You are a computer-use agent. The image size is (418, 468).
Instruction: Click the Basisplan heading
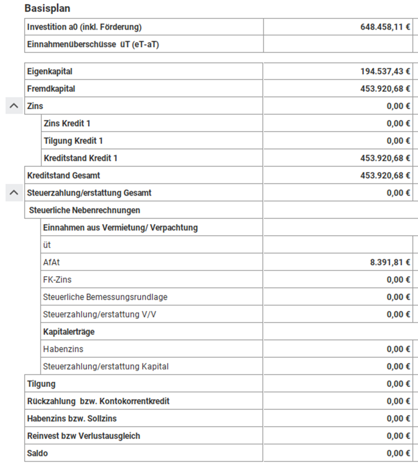(x=48, y=8)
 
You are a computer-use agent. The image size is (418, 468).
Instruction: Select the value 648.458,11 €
(x=385, y=27)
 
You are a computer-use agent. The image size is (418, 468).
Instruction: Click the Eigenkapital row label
(x=50, y=71)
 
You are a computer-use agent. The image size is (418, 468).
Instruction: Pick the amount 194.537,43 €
(x=385, y=71)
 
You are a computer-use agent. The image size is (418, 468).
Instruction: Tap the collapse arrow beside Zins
(x=14, y=106)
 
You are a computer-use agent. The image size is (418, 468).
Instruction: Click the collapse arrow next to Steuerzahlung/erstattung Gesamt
(x=14, y=193)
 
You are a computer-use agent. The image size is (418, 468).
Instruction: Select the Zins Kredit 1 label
(x=67, y=123)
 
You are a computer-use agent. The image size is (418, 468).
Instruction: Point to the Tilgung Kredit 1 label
(x=73, y=141)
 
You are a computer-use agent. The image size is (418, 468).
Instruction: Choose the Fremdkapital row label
(x=51, y=89)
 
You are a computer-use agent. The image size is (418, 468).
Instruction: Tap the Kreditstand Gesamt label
(x=64, y=175)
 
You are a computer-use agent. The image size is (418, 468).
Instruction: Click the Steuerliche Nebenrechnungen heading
(x=84, y=210)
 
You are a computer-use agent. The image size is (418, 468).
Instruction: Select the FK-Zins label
(x=57, y=280)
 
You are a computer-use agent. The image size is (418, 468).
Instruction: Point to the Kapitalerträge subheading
(x=69, y=332)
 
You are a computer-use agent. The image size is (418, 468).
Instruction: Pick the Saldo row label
(x=37, y=453)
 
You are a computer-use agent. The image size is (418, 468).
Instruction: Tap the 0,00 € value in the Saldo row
(x=398, y=453)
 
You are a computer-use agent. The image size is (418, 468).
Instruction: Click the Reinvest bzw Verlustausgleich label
(x=84, y=436)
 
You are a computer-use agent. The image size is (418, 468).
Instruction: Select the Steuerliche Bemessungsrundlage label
(x=105, y=297)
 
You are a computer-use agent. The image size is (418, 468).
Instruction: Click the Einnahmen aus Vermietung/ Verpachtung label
(x=120, y=228)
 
